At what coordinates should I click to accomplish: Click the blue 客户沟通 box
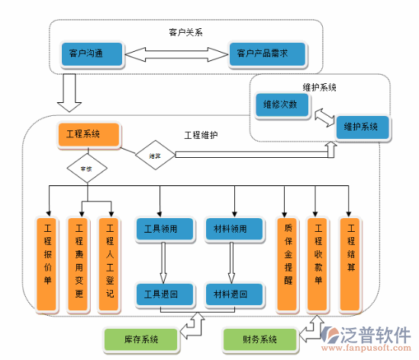tap(92, 53)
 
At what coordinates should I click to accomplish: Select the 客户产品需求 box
tap(267, 53)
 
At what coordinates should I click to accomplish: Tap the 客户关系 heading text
tap(185, 32)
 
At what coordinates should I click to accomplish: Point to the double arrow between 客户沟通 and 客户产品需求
tap(176, 54)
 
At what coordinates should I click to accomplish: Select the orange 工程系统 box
tap(89, 134)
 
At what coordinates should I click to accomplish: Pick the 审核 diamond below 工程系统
tap(86, 166)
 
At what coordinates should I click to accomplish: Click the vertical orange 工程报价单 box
tap(48, 265)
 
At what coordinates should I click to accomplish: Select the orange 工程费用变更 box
tap(79, 265)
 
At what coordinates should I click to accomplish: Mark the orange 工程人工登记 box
tap(110, 265)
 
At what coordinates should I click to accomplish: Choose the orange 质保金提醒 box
tap(287, 265)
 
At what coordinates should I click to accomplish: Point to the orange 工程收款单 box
tap(317, 265)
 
